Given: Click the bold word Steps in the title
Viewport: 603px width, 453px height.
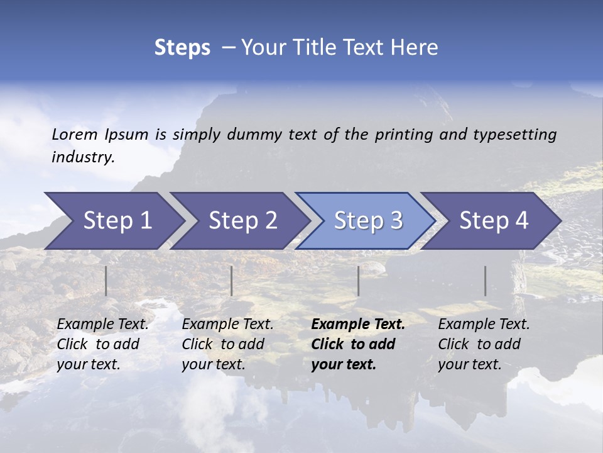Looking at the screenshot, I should pyautogui.click(x=182, y=48).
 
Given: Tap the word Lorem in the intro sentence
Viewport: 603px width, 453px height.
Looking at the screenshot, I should pyautogui.click(x=75, y=134).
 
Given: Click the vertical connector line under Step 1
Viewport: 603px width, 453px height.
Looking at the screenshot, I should pyautogui.click(x=106, y=281).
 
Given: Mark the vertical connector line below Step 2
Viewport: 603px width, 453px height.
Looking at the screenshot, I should pyautogui.click(x=231, y=281).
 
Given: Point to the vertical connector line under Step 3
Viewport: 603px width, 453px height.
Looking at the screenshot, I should pyautogui.click(x=358, y=281).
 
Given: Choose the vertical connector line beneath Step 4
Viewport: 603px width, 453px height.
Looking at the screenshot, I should pyautogui.click(x=485, y=281).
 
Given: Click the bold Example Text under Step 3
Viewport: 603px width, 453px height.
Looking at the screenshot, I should pyautogui.click(x=358, y=325).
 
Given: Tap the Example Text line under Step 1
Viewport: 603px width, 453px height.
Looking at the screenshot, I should pyautogui.click(x=103, y=325).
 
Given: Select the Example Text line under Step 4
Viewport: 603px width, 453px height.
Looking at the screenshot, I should pyautogui.click(x=484, y=325).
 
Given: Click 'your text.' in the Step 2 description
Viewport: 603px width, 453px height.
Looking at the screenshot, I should pyautogui.click(x=214, y=364).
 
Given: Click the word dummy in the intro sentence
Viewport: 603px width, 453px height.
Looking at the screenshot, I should pyautogui.click(x=254, y=135).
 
